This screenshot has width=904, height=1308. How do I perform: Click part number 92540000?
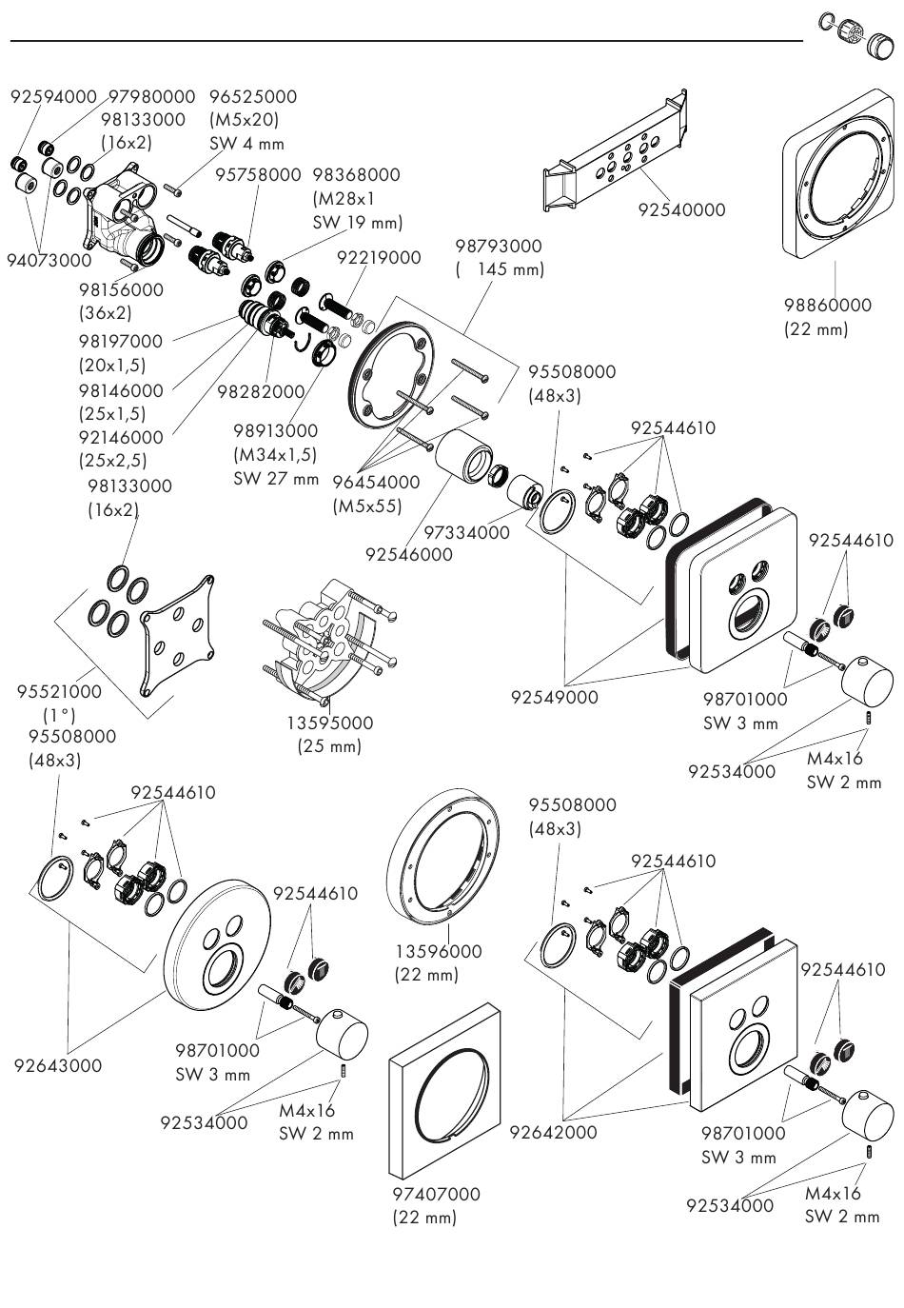point(681,210)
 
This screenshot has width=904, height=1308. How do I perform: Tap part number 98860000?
point(827,306)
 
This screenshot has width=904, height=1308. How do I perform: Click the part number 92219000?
point(379,257)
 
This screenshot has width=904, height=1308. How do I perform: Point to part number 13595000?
point(330,723)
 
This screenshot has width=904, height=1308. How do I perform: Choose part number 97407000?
point(436,1194)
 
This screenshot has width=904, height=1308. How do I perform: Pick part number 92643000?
point(57,1066)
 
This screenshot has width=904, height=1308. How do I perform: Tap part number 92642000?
point(553,1133)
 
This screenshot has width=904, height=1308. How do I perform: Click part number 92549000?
point(555,698)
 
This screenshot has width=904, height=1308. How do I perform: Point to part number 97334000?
point(466,533)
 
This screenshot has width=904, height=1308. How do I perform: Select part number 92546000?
point(409,555)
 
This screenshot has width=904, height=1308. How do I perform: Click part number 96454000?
point(376,484)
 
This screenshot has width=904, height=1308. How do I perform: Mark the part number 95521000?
point(59,692)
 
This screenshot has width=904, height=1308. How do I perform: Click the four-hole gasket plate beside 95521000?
point(177,634)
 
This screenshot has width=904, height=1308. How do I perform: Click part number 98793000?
point(499,246)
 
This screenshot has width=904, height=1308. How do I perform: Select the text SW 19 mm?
point(358,224)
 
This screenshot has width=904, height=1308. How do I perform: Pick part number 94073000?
point(49,260)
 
